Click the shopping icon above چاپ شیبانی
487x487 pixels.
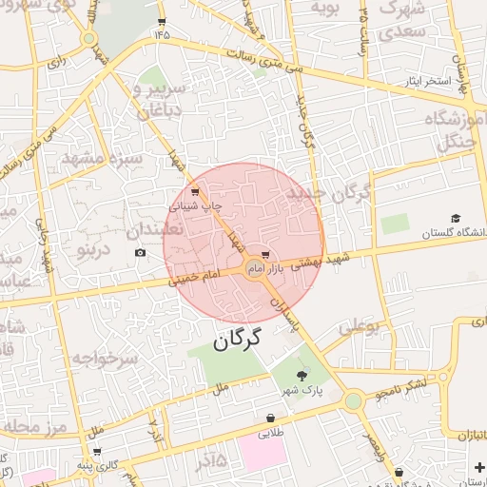(x=195, y=192)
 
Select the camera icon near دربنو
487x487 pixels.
(x=141, y=252)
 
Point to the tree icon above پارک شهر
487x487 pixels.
(x=302, y=377)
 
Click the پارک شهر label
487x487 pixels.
(x=302, y=391)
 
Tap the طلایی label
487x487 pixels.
(x=272, y=433)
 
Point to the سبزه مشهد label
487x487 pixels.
(x=112, y=159)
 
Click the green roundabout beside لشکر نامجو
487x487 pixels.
(x=354, y=401)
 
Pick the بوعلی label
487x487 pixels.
(x=360, y=327)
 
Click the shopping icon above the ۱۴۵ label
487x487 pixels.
(x=161, y=21)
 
